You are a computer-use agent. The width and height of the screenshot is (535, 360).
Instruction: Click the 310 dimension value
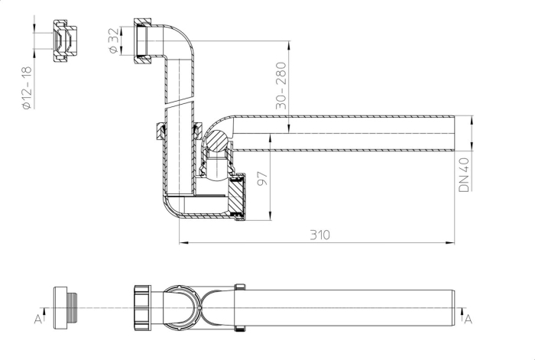pyautogui.click(x=319, y=235)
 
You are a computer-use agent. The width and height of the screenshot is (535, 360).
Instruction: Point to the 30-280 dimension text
pyautogui.click(x=281, y=86)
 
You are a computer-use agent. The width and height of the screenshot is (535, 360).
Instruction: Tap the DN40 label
pyautogui.click(x=464, y=175)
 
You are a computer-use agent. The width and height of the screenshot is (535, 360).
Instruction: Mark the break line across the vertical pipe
pyautogui.click(x=180, y=101)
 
